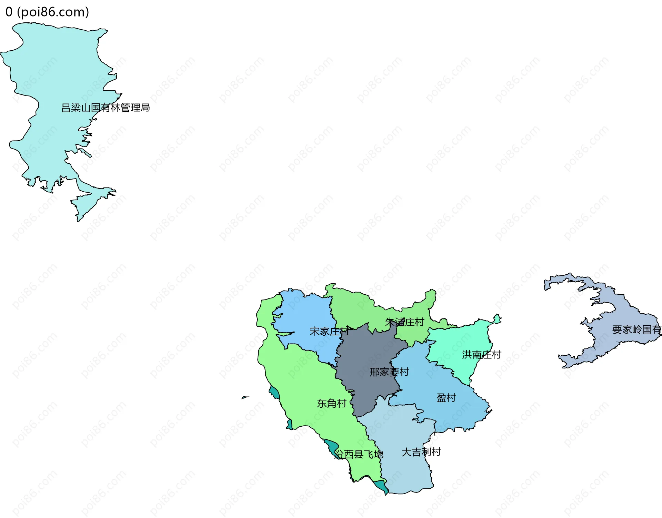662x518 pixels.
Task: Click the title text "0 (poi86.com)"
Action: [x=47, y=12]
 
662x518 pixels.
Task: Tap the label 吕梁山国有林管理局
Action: [x=106, y=108]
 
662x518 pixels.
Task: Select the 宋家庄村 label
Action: [x=329, y=332]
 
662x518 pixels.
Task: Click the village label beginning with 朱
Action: [x=404, y=322]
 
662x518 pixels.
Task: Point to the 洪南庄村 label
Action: [x=481, y=355]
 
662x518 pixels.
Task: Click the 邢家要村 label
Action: [x=389, y=372]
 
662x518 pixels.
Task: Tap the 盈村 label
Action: [x=446, y=398]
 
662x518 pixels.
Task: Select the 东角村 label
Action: [x=331, y=403]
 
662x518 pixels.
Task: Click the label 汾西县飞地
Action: [x=359, y=455]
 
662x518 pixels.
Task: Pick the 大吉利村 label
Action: [x=421, y=452]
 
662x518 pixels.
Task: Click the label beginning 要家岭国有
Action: [x=636, y=330]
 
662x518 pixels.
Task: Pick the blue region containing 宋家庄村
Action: [x=310, y=314]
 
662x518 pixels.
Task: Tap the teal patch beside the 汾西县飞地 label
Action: [x=332, y=447]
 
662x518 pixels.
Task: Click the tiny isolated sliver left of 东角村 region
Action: [x=245, y=397]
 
